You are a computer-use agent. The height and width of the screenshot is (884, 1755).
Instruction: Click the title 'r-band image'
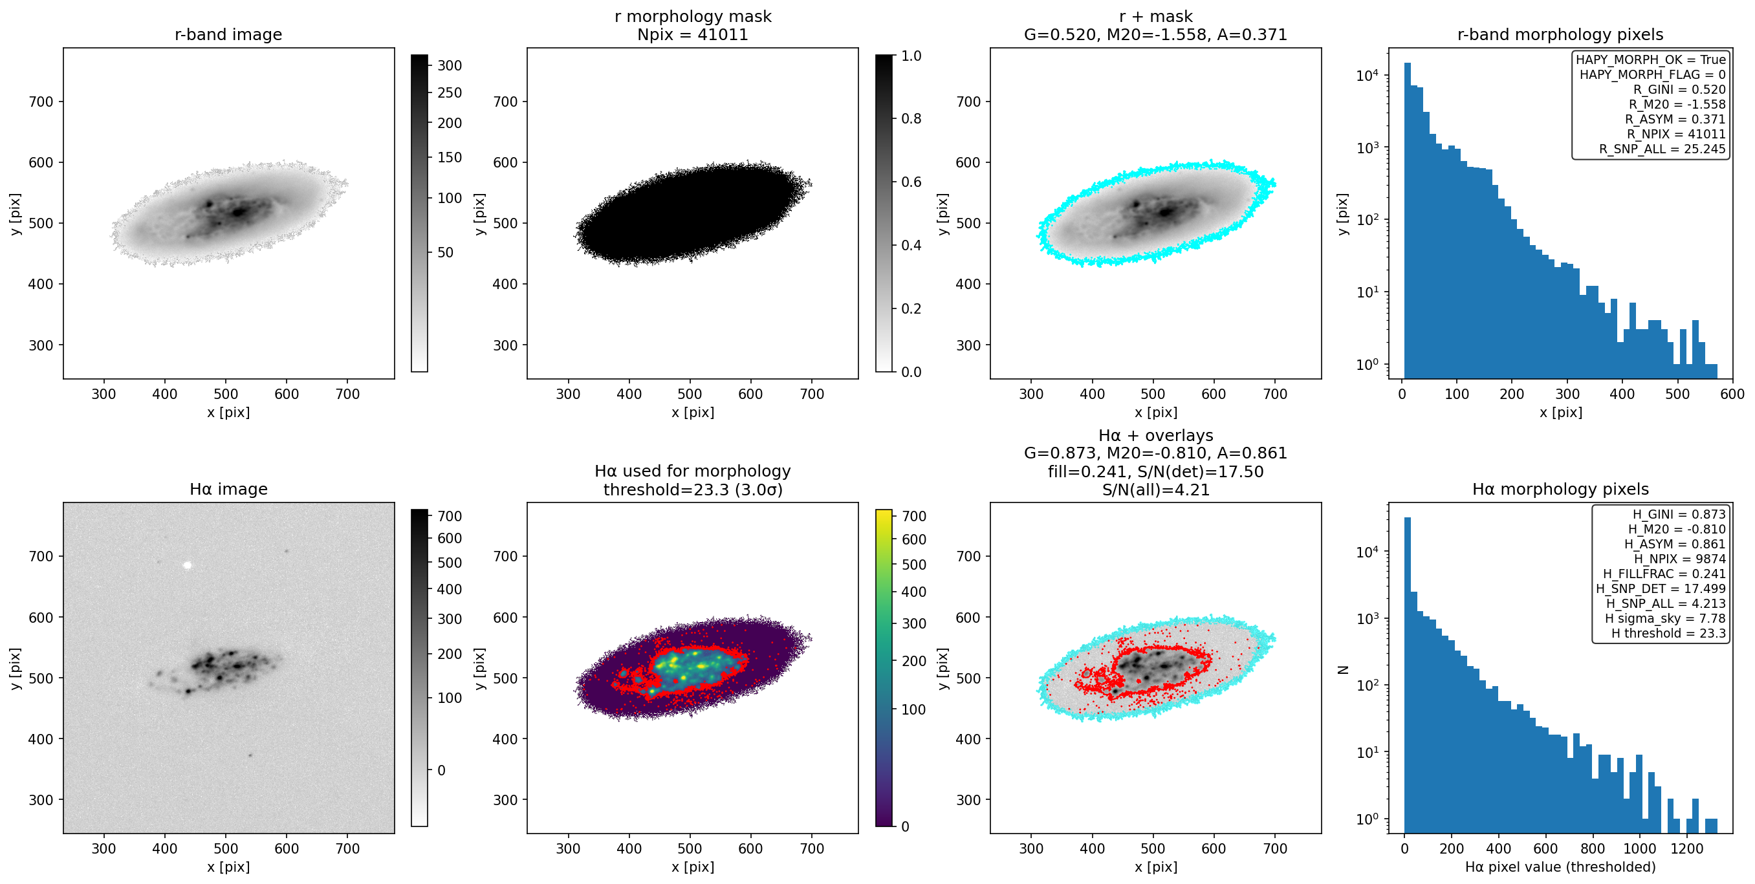[x=228, y=34]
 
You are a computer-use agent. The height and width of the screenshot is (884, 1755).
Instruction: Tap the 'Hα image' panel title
[x=228, y=489]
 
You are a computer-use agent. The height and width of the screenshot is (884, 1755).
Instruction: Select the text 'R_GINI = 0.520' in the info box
[x=1679, y=89]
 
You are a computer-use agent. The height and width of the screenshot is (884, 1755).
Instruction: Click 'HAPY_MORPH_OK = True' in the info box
[x=1651, y=59]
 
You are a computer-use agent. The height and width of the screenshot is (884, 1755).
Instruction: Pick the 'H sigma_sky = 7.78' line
[x=1665, y=618]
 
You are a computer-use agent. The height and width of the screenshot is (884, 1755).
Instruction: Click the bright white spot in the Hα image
[x=188, y=565]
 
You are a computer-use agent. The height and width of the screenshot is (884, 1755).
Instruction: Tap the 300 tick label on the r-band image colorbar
[x=450, y=65]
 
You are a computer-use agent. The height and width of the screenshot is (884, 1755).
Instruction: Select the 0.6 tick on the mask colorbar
[x=911, y=182]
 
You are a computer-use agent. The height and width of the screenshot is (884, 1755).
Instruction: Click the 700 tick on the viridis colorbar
[x=913, y=516]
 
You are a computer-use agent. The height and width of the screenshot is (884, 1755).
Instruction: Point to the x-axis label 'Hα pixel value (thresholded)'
[x=1560, y=867]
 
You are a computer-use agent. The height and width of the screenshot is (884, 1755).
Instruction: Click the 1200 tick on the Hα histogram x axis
[x=1687, y=848]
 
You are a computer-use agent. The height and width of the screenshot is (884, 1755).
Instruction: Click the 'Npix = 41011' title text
[x=692, y=34]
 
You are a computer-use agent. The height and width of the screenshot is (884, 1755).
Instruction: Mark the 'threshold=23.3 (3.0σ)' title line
[x=692, y=489]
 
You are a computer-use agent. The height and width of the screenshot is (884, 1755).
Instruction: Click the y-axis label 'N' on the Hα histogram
[x=1343, y=669]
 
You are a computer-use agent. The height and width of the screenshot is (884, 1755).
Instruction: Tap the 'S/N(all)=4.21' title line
[x=1155, y=489]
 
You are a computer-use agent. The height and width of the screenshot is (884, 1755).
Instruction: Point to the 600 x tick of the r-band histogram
[x=1732, y=394]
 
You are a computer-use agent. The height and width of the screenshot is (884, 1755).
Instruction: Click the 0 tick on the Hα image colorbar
[x=441, y=770]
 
